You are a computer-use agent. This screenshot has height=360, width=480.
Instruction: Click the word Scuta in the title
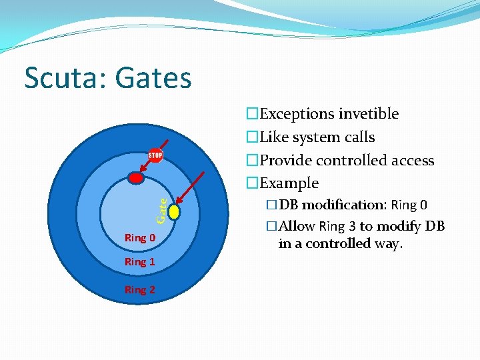[64, 78]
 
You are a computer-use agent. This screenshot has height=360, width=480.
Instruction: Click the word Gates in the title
[153, 78]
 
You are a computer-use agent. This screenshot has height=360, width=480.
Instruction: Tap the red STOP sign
[155, 155]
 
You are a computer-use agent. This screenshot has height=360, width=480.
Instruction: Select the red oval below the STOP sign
[137, 178]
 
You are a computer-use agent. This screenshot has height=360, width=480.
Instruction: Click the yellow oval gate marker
[174, 211]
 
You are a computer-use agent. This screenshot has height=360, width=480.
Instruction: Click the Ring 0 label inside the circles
[140, 238]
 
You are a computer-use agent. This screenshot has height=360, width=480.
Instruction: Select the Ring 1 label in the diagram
[140, 262]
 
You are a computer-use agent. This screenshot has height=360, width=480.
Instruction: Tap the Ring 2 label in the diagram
[140, 289]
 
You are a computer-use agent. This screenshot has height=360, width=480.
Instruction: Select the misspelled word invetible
[368, 114]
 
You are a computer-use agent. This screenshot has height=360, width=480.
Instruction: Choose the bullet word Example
[289, 183]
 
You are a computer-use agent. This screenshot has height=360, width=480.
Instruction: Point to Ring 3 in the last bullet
[338, 226]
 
